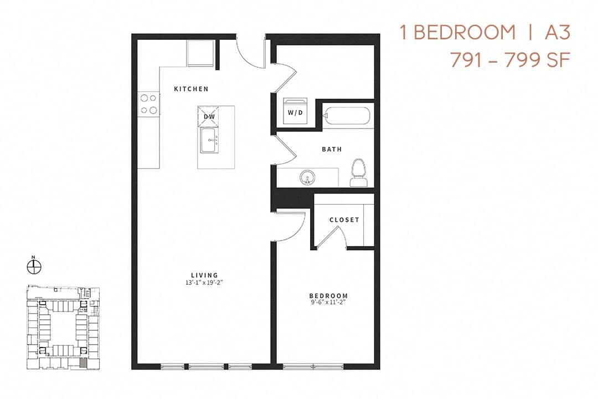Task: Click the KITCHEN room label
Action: tap(191, 89)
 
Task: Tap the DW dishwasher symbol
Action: tap(209, 116)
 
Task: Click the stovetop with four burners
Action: tap(148, 104)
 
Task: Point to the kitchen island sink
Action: tap(209, 140)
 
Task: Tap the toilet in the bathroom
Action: tap(359, 172)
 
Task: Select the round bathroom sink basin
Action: tap(307, 178)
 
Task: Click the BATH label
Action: tap(332, 149)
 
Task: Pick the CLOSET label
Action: tap(344, 220)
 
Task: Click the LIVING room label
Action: tap(204, 275)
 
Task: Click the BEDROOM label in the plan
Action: tap(329, 296)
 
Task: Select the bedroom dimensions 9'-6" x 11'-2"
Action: tap(329, 303)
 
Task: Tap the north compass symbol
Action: tap(34, 267)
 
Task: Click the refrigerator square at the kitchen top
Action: tap(200, 53)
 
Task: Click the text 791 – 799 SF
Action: tap(509, 59)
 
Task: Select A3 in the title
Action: tap(556, 33)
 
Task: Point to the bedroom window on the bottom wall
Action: tap(313, 366)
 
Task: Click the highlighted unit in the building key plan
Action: tap(83, 362)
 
